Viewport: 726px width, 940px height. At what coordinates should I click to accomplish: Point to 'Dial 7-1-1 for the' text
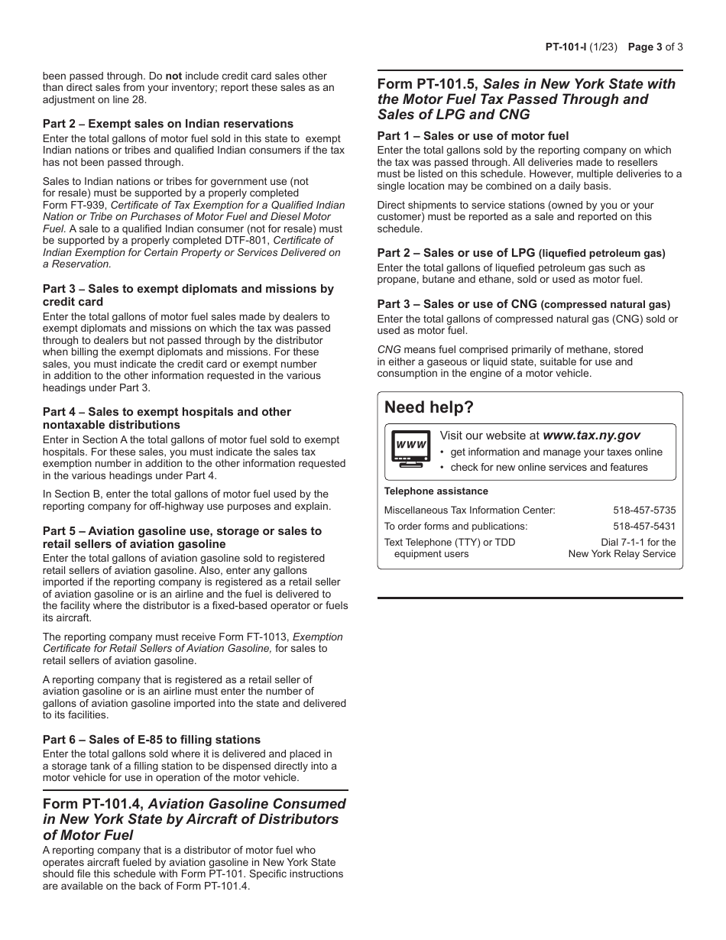click(637, 542)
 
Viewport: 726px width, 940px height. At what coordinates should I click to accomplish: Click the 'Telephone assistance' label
click(436, 491)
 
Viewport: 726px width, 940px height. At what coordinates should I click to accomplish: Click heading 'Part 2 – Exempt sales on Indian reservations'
click(167, 124)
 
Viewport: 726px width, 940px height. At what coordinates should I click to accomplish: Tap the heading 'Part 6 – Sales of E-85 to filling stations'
click(151, 740)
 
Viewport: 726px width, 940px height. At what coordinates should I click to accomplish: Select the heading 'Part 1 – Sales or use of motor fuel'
click(472, 136)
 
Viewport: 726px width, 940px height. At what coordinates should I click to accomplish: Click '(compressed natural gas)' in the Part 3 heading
click(605, 304)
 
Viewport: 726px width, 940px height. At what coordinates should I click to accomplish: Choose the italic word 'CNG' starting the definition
click(389, 349)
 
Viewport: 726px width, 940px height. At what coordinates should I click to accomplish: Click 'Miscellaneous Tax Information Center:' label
click(469, 510)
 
